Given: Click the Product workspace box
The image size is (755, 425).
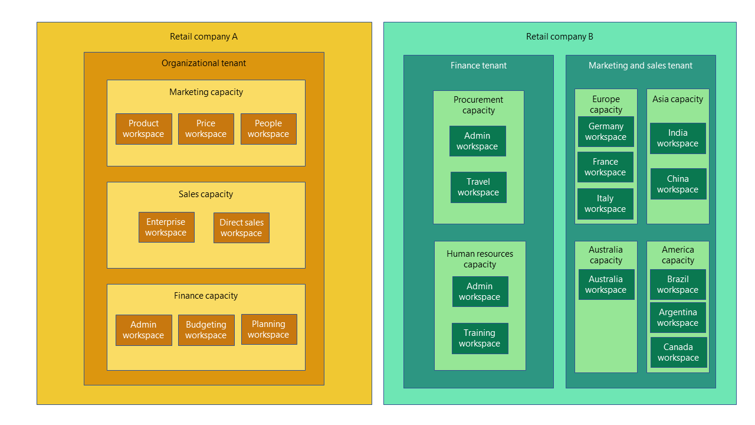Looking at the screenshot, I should pos(144,129).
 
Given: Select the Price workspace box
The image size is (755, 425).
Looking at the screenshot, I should pos(206,129).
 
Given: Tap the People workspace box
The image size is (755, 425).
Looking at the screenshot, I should pos(268,129).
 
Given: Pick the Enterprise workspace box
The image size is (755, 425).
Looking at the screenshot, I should pos(166,227).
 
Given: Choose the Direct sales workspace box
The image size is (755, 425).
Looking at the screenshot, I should pos(241,228).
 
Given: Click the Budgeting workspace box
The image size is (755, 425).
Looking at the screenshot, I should pos(206,330).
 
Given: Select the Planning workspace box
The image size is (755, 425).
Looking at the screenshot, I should pos(269,329).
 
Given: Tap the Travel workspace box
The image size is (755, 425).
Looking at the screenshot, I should pos(478,187).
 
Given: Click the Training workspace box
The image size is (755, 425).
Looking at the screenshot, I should pos(480,338).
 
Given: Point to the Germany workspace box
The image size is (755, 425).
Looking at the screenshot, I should pos(606,132).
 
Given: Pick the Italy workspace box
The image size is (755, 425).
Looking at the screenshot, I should pos(605,204).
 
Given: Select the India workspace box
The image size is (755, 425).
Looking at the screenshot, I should pos(678,138).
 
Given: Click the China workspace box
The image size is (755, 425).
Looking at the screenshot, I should pos(678,184).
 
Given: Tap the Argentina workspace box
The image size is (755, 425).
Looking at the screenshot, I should pos(678,318).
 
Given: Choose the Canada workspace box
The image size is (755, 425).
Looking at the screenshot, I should pos(678,352).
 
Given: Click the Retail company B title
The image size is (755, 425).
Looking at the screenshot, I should pos(560,37).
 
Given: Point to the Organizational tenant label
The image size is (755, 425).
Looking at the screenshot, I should pos(204,63).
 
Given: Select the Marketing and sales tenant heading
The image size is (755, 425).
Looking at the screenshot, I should pos(641,66).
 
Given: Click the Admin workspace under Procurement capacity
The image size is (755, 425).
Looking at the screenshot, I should pos(477,141).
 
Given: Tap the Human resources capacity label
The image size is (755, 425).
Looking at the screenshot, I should pos(480,259).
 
